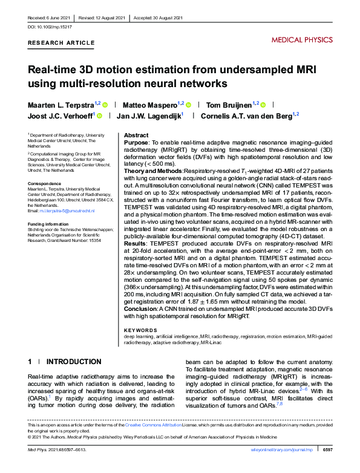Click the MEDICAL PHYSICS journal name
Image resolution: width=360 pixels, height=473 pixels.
(x=302, y=40)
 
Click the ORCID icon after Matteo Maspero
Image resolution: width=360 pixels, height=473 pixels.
(x=188, y=105)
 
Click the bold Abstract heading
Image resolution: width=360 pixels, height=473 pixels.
(x=136, y=135)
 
